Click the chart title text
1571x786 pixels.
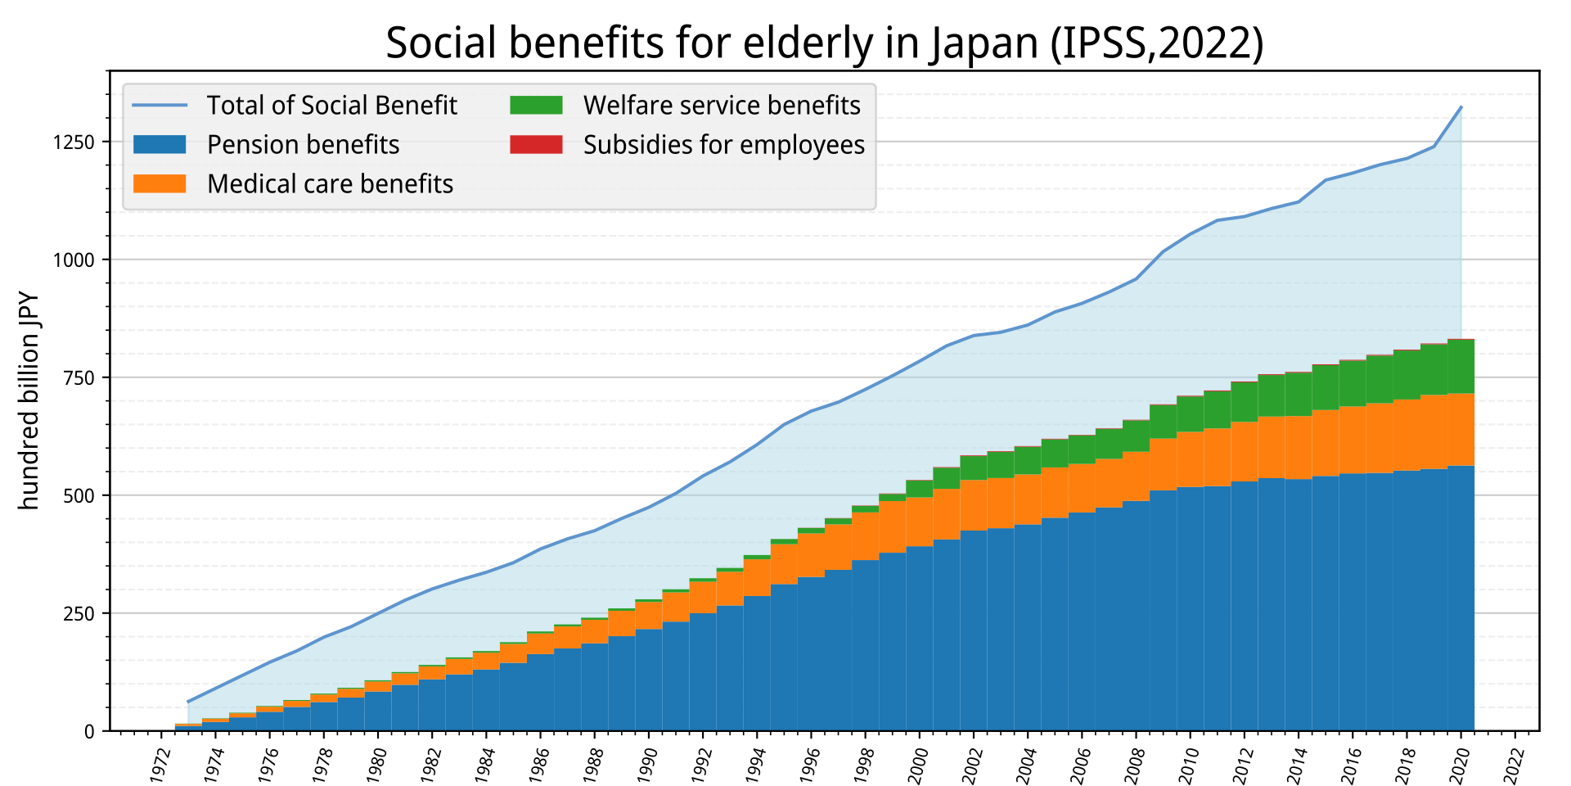click(x=825, y=43)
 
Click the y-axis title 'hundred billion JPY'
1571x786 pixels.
click(x=29, y=401)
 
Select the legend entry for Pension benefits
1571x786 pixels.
click(x=266, y=145)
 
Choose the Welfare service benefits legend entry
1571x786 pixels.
click(x=685, y=106)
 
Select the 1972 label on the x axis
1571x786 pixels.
click(x=160, y=763)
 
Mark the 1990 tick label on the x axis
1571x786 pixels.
click(x=648, y=763)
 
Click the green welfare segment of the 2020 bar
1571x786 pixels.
click(x=1461, y=367)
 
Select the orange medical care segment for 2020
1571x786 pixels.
click(x=1461, y=430)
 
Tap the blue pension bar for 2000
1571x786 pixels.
click(x=920, y=639)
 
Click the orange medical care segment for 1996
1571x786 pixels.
click(x=811, y=555)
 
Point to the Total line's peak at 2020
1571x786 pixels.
click(x=1461, y=107)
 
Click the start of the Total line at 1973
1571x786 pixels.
click(x=188, y=702)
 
